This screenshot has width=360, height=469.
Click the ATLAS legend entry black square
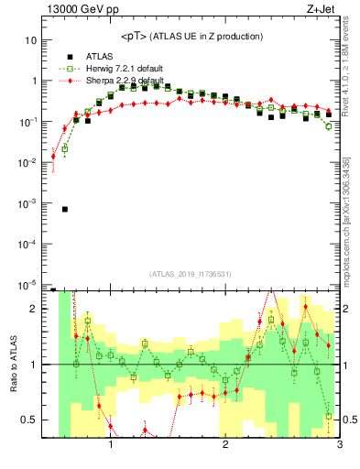(69, 55)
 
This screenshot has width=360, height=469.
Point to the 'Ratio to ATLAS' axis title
(12, 364)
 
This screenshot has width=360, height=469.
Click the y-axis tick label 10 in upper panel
(31, 40)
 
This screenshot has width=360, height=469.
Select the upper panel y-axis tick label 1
(35, 81)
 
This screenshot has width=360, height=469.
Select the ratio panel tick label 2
(35, 310)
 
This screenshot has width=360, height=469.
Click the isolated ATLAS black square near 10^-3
(65, 209)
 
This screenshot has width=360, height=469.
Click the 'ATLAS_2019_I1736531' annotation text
(191, 273)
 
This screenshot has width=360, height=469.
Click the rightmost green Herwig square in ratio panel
(328, 417)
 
